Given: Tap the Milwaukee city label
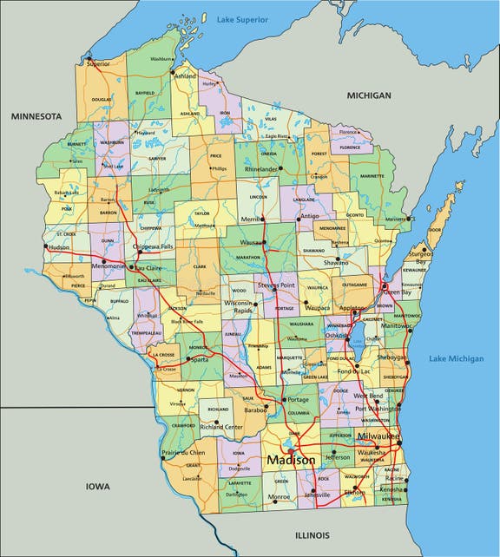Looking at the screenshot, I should [x=378, y=436].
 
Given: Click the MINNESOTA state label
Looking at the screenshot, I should [x=36, y=115].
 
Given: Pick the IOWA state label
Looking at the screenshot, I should [x=97, y=487].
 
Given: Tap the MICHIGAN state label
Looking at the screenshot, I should [x=369, y=95].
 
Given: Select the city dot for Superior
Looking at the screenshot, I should [x=88, y=58].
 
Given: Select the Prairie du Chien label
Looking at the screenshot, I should [x=183, y=452].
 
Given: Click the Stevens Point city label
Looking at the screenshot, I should [x=277, y=285].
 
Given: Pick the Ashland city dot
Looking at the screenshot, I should [x=173, y=71].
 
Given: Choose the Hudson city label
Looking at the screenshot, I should [x=59, y=247].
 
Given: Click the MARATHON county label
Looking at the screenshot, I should [x=247, y=257].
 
